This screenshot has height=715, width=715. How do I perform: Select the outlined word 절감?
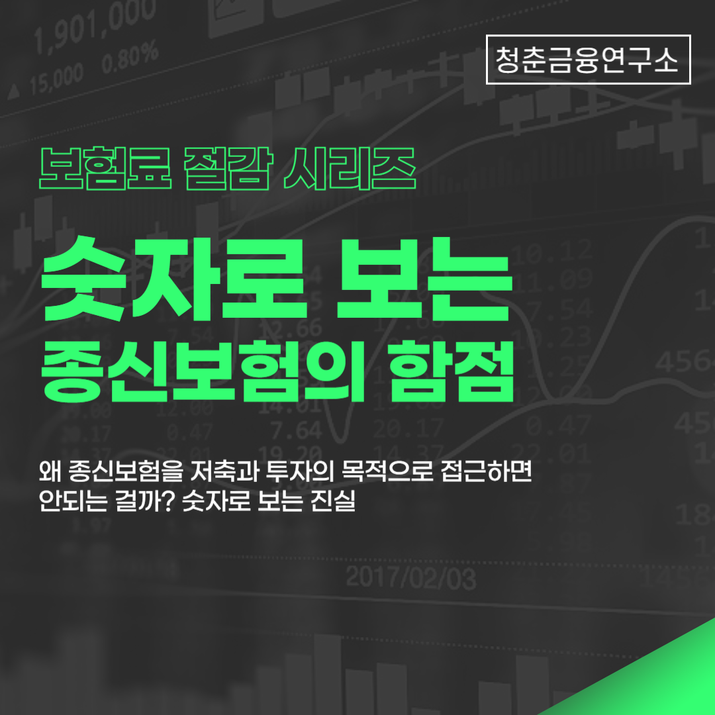pyautogui.click(x=226, y=166)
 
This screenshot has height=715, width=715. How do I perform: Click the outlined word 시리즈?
pyautogui.click(x=349, y=166)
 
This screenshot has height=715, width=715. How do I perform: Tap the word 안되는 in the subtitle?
pyautogui.click(x=71, y=502)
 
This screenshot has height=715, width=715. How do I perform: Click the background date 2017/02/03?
pyautogui.click(x=410, y=579)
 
